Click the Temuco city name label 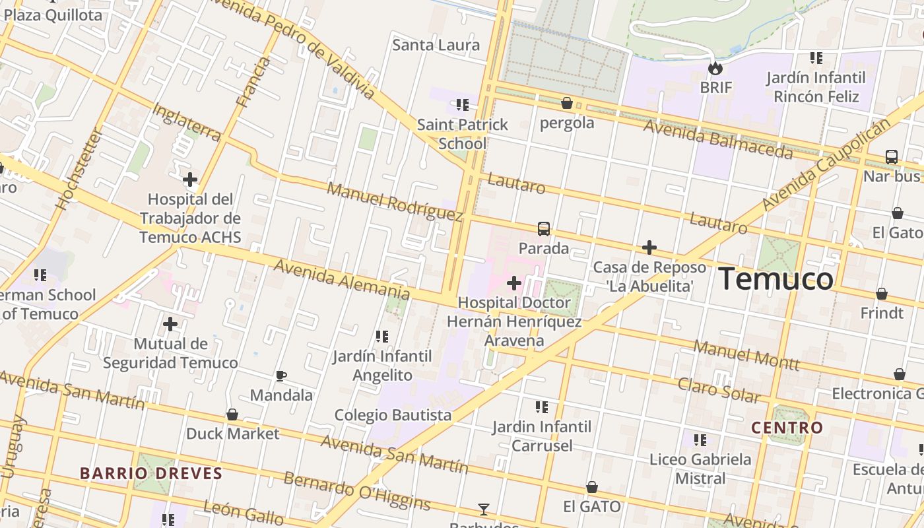775,279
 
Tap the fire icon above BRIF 715,68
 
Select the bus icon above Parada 543,229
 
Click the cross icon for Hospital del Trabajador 190,179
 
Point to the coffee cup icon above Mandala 281,376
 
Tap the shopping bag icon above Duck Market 232,414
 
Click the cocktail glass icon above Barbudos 484,509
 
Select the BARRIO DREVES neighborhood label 151,473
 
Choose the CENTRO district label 787,428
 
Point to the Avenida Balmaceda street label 718,139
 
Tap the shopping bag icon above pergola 566,103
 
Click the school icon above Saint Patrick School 463,104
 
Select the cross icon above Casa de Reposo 649,247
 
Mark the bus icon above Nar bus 891,157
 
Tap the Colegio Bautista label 393,415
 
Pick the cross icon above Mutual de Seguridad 170,324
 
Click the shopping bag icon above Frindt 882,294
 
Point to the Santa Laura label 436,45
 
